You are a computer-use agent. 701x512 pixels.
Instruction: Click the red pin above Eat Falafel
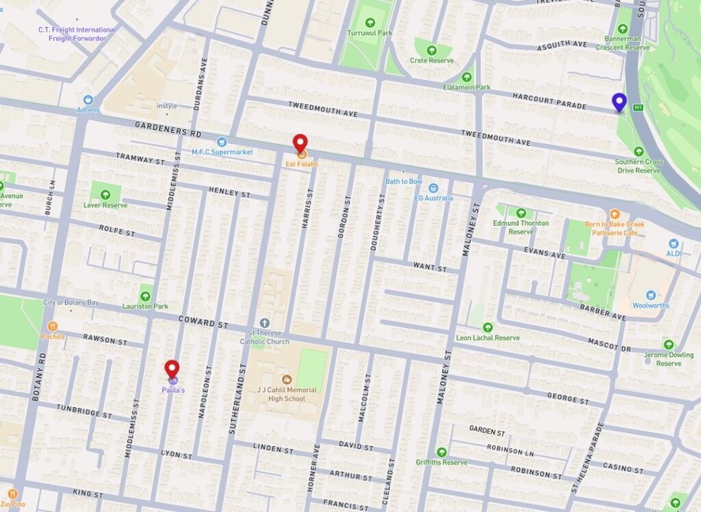tap(300, 143)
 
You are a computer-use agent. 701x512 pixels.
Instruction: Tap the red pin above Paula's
tap(173, 368)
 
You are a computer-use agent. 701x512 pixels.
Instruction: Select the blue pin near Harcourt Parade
tap(620, 102)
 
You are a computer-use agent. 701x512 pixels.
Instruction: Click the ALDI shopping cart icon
tap(674, 243)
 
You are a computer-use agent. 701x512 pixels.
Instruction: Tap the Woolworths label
tap(650, 306)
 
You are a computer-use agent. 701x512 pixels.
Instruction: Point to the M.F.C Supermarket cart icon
tap(221, 142)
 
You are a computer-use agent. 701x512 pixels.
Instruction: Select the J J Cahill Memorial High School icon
tap(285, 378)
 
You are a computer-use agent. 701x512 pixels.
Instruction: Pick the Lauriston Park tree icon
tap(145, 296)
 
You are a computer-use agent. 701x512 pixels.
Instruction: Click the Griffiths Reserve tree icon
tap(442, 452)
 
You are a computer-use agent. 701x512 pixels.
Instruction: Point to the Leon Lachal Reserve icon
tap(487, 327)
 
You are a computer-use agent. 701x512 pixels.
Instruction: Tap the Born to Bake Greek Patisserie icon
tap(614, 215)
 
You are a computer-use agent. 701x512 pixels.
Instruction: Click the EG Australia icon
tap(433, 188)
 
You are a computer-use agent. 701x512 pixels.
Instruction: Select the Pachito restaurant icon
tap(53, 326)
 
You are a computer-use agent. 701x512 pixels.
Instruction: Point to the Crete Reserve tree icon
tap(432, 50)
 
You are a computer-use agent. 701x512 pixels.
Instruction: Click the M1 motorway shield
tap(638, 107)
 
